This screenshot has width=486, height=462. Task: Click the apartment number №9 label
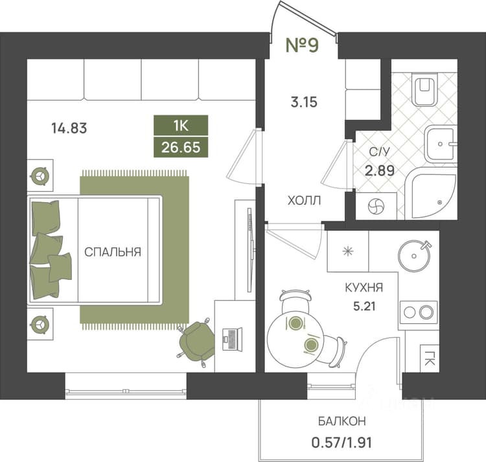click(x=302, y=45)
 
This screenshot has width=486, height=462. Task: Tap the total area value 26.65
click(x=181, y=147)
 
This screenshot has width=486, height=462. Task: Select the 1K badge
click(x=181, y=126)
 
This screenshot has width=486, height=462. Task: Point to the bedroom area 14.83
click(x=69, y=128)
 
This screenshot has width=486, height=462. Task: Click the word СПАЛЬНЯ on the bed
click(x=113, y=252)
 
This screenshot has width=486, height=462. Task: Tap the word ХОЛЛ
click(x=304, y=201)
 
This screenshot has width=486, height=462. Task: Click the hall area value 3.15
click(x=304, y=102)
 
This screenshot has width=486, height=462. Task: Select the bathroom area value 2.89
click(x=379, y=170)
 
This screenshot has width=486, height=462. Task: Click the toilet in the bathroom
click(x=424, y=89)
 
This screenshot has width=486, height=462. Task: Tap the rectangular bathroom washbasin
click(x=441, y=144)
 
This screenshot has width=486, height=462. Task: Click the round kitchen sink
click(x=415, y=256)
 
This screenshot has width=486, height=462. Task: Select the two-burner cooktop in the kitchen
click(x=418, y=312)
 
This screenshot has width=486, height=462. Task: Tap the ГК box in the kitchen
click(x=429, y=358)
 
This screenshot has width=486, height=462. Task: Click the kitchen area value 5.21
click(x=364, y=306)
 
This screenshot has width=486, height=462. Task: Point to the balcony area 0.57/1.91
click(x=341, y=443)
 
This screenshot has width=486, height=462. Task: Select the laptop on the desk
click(x=232, y=340)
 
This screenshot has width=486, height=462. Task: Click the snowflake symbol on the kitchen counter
click(x=348, y=251)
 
